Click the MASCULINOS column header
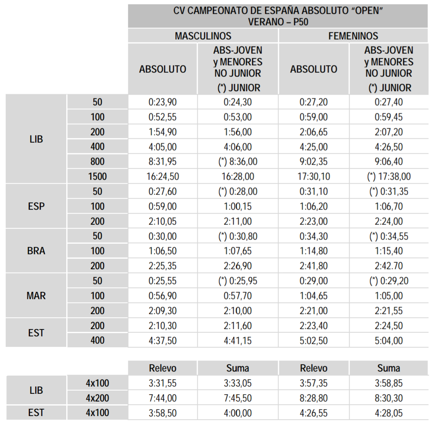[203, 36]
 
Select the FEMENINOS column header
[353, 36]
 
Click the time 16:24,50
[163, 176]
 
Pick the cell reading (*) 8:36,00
[238, 162]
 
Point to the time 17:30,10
[314, 176]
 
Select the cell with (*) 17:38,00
[389, 176]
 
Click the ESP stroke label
[36, 207]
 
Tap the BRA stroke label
[36, 251]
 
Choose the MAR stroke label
[36, 296]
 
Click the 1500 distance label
[98, 176]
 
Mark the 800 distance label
[98, 162]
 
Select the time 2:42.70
[389, 266]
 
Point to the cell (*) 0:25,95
[238, 281]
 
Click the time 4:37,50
[163, 340]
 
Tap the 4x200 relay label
[98, 398]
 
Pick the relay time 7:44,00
[163, 398]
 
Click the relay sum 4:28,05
[389, 413]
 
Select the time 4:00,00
[238, 413]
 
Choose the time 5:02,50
[314, 340]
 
